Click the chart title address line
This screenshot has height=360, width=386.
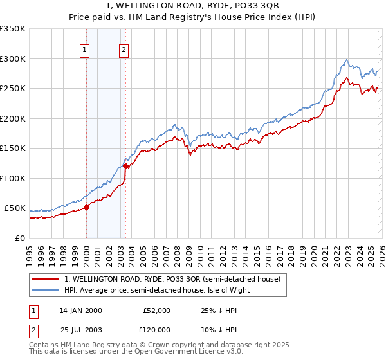[x=193, y=7]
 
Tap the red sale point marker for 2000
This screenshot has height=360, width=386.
[x=86, y=207]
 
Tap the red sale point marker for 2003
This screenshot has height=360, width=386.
[x=126, y=166]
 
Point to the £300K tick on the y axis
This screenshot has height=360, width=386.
[x=13, y=59]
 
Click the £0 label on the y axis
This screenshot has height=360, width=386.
[x=19, y=238]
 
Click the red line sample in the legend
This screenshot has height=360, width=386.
[x=46, y=280]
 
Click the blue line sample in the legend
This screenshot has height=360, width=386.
[x=46, y=290]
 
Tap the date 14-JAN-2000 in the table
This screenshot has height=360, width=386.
[x=81, y=310]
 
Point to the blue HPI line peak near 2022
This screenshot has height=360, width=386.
[x=347, y=60]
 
